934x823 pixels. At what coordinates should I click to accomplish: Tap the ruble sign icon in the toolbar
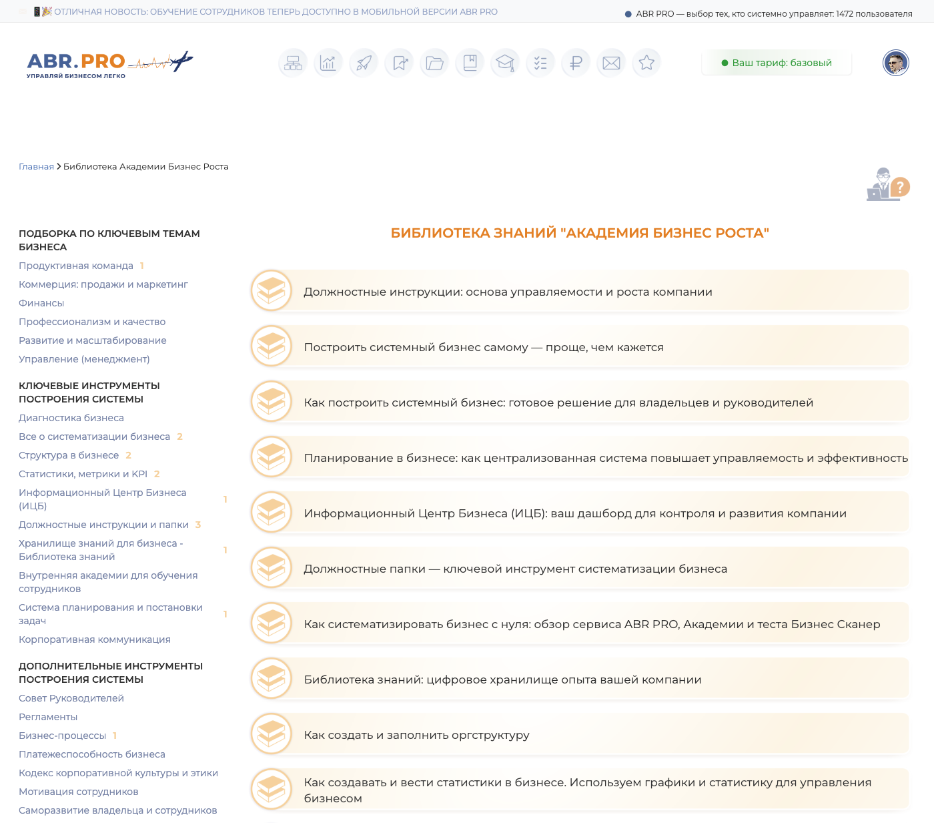[x=576, y=63]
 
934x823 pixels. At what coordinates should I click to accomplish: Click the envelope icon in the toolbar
[x=611, y=63]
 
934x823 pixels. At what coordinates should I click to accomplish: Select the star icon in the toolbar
[x=646, y=63]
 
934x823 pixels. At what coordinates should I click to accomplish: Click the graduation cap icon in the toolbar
[x=505, y=63]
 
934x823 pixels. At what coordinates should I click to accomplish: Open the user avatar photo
[x=895, y=63]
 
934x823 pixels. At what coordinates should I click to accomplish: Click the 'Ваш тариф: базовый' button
[x=777, y=63]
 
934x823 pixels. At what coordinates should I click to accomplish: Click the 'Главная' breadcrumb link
[x=36, y=167]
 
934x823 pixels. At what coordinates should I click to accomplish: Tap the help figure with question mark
[x=888, y=184]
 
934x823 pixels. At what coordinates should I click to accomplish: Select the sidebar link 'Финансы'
[x=41, y=303]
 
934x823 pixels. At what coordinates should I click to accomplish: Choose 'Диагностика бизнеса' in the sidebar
[x=71, y=418]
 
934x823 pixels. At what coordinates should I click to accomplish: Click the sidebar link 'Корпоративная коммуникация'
[x=95, y=639]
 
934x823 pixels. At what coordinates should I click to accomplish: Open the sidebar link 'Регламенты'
[x=48, y=717]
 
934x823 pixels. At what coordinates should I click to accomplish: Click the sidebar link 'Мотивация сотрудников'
[x=79, y=792]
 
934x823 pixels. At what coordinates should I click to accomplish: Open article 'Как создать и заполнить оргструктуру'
[x=416, y=735]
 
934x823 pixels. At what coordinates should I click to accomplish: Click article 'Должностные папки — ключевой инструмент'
[x=515, y=569]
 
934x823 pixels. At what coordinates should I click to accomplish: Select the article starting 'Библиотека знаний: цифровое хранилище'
[x=502, y=679]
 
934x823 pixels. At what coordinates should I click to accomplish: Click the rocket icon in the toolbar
[x=364, y=63]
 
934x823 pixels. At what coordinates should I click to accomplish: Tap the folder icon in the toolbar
[x=434, y=63]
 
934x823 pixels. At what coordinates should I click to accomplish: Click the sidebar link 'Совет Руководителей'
[x=71, y=698]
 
